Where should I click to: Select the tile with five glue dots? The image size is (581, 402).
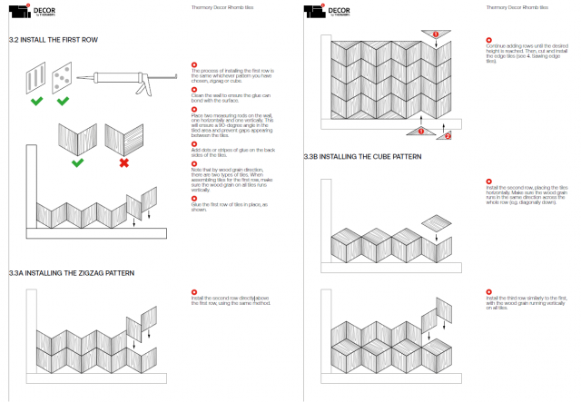pos(61,75)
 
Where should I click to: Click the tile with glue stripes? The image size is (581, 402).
pos(34,75)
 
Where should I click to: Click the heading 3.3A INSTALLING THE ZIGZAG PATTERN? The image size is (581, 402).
pos(72,272)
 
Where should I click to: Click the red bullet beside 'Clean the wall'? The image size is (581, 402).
pos(193,86)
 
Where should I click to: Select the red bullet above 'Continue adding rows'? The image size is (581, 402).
pos(488,40)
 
